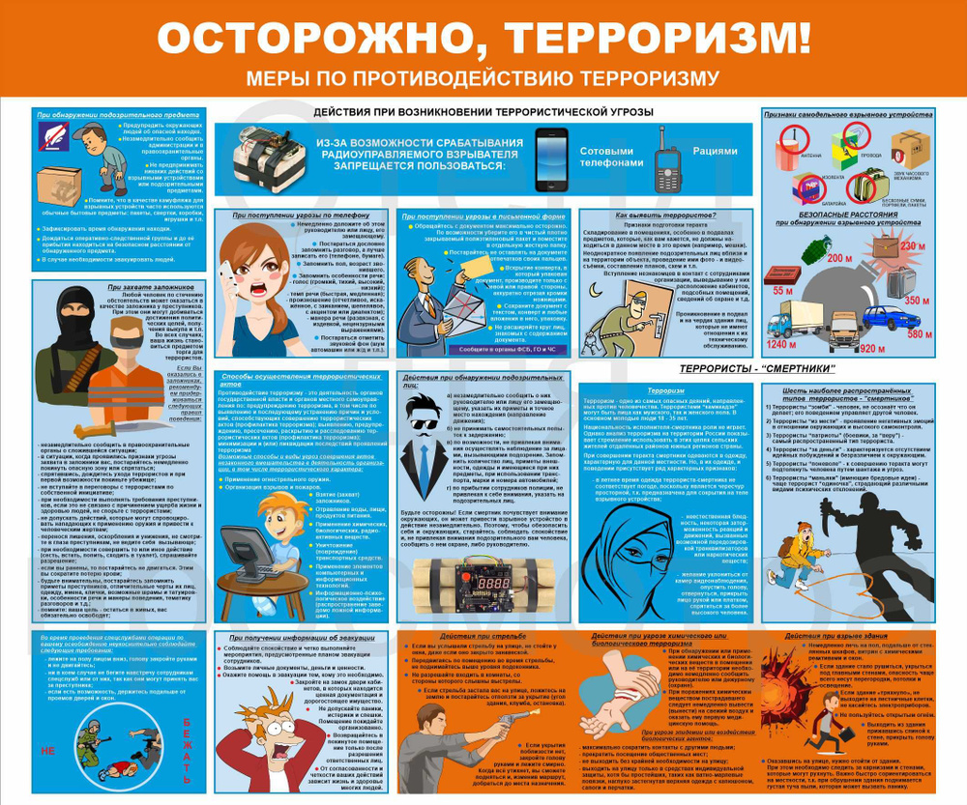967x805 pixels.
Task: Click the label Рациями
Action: [715, 151]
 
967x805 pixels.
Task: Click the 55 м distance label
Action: [781, 290]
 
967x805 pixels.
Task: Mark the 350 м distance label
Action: [914, 301]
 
